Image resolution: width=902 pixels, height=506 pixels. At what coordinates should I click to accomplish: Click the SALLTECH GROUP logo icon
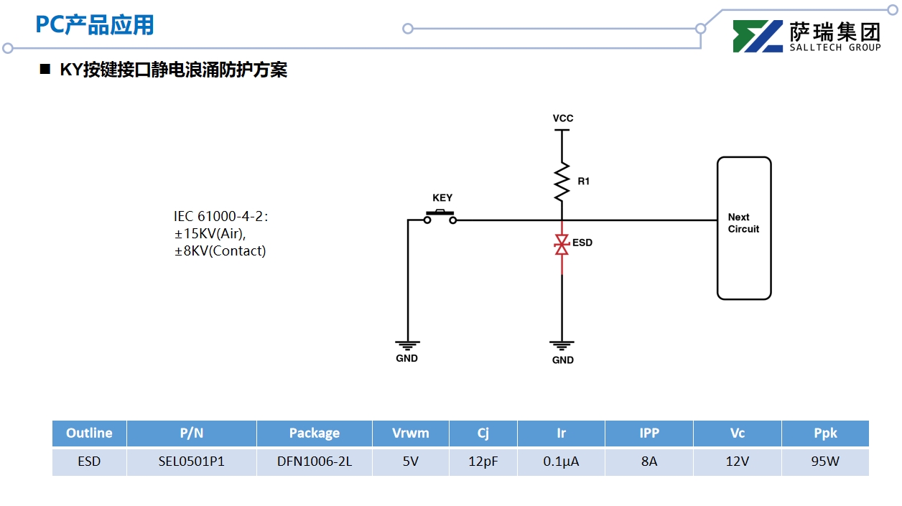click(758, 37)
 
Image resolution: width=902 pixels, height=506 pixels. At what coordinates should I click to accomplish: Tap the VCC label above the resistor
click(563, 118)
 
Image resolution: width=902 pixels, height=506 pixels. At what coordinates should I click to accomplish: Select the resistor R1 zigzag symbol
click(562, 181)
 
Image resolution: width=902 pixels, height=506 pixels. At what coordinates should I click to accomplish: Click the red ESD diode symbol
click(562, 244)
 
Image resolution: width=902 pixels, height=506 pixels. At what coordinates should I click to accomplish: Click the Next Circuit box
click(744, 228)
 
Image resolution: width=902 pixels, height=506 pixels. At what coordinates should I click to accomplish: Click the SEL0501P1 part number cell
click(192, 462)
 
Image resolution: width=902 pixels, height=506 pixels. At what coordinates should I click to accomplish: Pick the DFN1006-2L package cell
click(315, 462)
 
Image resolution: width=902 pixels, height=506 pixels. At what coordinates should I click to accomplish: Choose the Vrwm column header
click(411, 433)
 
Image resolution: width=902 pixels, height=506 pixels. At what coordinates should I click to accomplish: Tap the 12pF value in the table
click(483, 462)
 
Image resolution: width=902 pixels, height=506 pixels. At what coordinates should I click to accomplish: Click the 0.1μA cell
click(561, 462)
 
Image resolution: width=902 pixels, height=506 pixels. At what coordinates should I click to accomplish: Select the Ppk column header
click(825, 433)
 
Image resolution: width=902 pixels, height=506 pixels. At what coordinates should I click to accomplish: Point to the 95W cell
click(825, 462)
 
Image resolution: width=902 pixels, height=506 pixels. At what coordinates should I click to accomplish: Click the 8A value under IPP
click(649, 462)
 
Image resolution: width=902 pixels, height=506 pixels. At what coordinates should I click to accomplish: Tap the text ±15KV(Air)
click(210, 233)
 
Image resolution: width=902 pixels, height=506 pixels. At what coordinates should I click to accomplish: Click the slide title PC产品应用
click(95, 26)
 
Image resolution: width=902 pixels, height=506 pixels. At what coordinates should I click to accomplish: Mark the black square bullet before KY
click(45, 70)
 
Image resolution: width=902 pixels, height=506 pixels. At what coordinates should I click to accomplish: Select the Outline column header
click(89, 433)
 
